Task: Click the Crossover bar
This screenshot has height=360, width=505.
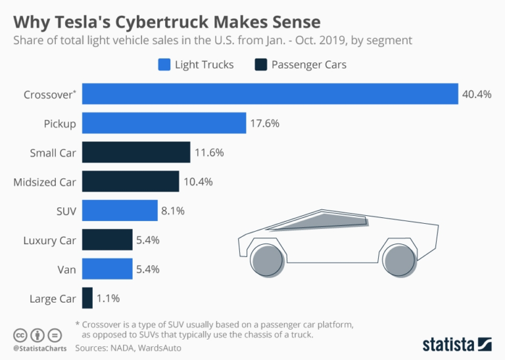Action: [x=270, y=93]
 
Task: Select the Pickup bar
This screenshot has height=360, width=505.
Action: [x=164, y=123]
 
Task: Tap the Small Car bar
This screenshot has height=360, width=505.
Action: [x=136, y=153]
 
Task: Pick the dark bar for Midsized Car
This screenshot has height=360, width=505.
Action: [x=130, y=182]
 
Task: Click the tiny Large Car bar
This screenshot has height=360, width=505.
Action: [x=87, y=298]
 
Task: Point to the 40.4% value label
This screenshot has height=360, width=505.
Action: [x=477, y=94]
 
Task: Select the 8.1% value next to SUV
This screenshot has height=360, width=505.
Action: [x=173, y=211]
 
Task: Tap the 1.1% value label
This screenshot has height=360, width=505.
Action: [x=108, y=298]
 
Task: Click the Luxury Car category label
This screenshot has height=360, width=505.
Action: [x=49, y=240]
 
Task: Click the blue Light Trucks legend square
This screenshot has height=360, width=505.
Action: [x=164, y=64]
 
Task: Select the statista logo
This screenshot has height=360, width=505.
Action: [x=456, y=344]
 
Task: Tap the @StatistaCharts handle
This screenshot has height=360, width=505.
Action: [x=38, y=347]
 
